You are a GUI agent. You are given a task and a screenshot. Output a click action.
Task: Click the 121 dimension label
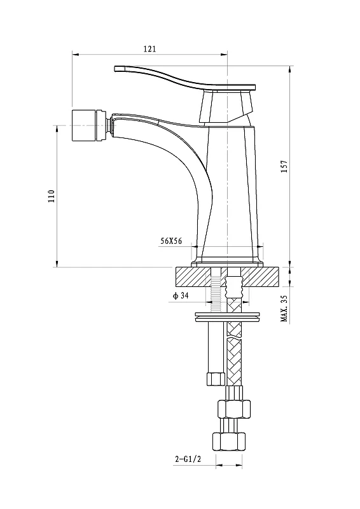tap(149, 49)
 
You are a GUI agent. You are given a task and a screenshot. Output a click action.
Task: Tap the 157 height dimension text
tap(284, 167)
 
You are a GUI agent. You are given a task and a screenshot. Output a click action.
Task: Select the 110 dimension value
tap(52, 197)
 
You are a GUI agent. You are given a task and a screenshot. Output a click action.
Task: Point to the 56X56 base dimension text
tap(171, 241)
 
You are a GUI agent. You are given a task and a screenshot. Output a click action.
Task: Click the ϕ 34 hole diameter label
tap(181, 295)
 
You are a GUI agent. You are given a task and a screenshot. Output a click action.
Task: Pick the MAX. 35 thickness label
tap(284, 309)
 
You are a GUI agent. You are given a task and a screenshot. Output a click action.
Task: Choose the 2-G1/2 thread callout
tap(188, 459)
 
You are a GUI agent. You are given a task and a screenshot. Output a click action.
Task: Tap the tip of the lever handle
tap(115, 69)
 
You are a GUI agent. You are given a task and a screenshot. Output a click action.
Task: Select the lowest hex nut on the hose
tap(228, 441)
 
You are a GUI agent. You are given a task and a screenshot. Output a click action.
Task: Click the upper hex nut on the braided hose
tap(234, 409)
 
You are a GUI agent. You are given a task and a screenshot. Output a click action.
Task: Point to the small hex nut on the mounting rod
tap(216, 379)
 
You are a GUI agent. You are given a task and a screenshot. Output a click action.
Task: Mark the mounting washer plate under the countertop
tap(228, 317)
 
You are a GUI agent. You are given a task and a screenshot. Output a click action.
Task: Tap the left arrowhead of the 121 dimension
tap(75, 55)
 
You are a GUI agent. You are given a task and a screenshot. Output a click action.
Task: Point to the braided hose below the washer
tap(234, 354)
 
